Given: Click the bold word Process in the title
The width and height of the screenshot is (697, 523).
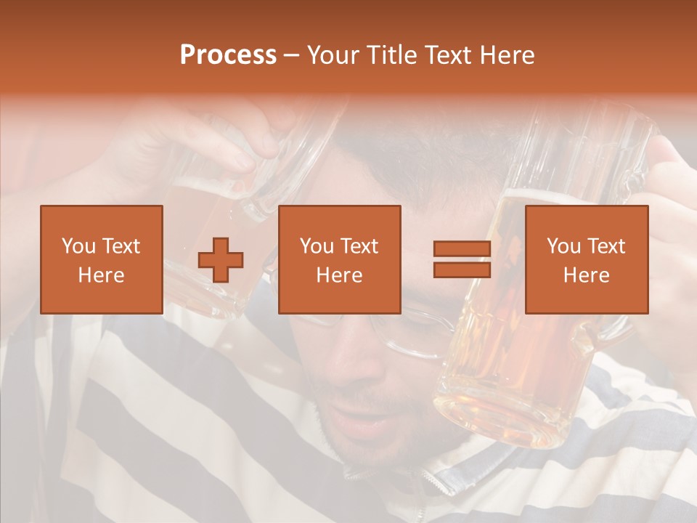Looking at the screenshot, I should (x=228, y=56).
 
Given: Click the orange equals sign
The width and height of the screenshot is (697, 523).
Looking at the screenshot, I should (x=462, y=259).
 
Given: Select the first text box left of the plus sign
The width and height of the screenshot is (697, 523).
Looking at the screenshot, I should (x=102, y=259).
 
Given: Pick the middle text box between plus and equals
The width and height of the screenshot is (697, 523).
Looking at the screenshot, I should (x=339, y=259).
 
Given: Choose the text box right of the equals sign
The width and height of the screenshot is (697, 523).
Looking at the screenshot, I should (x=586, y=259).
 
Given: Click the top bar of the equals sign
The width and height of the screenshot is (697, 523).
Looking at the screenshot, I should (x=462, y=249).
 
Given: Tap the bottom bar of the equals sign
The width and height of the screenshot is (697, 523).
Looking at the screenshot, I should (x=462, y=269).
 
